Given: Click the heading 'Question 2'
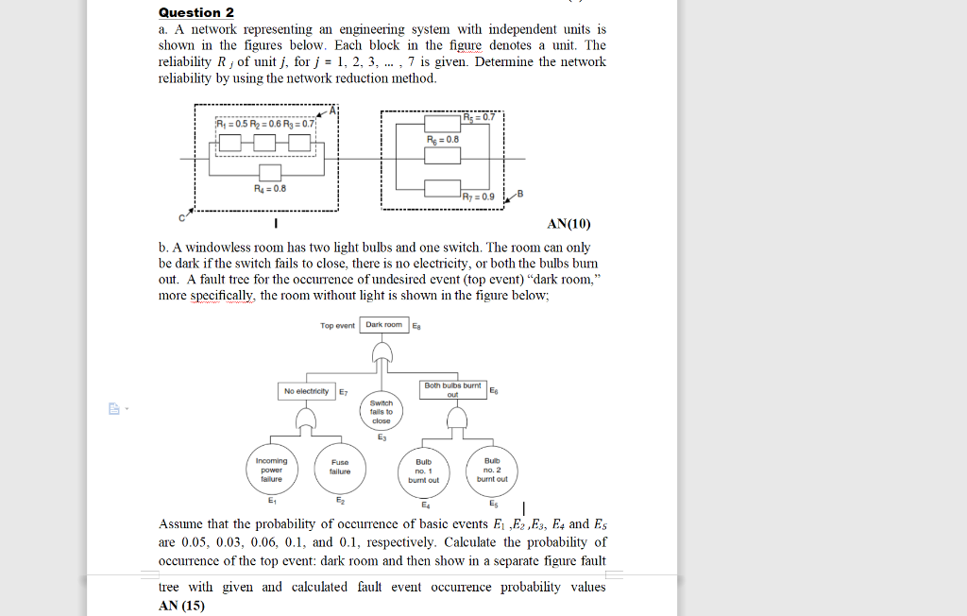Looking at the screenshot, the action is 196,12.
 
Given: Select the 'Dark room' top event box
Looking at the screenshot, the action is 384,325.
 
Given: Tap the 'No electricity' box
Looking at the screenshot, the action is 306,391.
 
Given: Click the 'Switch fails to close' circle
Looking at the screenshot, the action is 382,412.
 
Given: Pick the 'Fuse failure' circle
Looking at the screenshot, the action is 340,467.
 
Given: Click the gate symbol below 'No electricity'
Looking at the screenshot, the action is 306,419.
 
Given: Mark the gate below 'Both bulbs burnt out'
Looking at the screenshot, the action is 453,419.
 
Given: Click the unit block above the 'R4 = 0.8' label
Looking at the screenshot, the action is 271,172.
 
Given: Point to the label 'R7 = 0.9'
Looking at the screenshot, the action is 479,197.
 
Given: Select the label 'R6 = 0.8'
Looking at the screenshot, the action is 443,138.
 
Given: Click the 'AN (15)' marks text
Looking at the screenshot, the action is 181,606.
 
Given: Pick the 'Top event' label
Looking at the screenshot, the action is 337,326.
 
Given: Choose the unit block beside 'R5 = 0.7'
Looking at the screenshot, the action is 442,122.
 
